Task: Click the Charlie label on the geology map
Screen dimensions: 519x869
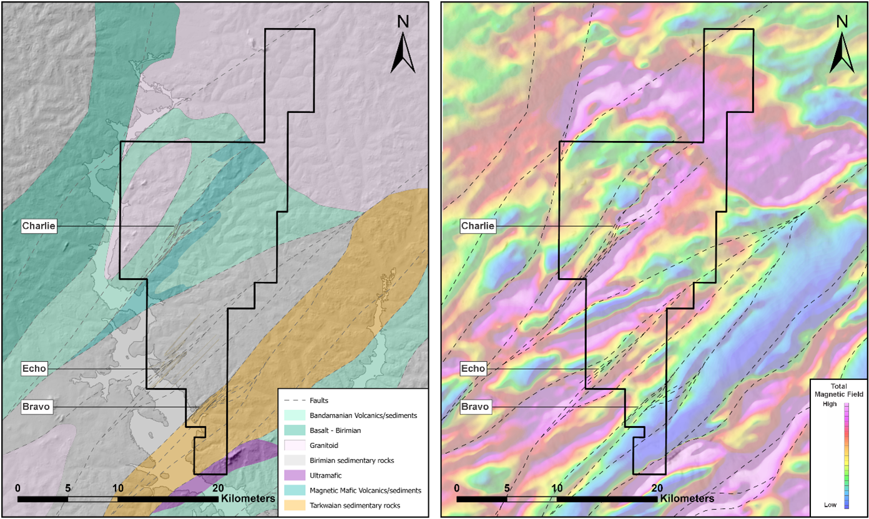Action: pyautogui.click(x=40, y=226)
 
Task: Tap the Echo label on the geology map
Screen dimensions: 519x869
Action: pyautogui.click(x=34, y=368)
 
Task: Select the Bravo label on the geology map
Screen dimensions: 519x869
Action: pyautogui.click(x=36, y=407)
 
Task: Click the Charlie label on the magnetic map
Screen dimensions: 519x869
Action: pyautogui.click(x=478, y=226)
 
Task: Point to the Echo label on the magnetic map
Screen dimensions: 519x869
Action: pyautogui.click(x=473, y=369)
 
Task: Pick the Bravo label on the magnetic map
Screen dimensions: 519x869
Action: pyautogui.click(x=475, y=407)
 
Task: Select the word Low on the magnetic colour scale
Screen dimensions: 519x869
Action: pyautogui.click(x=830, y=504)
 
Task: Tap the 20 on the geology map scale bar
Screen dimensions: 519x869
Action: pyautogui.click(x=218, y=487)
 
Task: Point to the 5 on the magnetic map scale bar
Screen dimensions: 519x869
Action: pyautogui.click(x=506, y=487)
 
